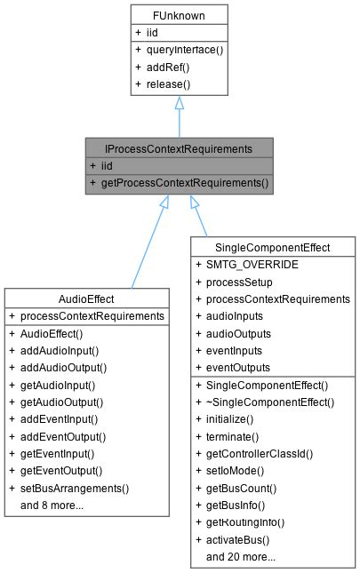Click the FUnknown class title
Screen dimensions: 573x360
[179, 14]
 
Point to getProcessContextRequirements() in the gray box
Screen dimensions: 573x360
[185, 184]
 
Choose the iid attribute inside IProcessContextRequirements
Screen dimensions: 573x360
[106, 165]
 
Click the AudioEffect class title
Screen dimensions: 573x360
[86, 298]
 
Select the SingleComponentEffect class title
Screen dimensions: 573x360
[273, 246]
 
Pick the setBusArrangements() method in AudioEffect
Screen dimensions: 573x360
[74, 488]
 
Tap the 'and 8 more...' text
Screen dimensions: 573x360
[52, 505]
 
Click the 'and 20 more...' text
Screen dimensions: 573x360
[241, 557]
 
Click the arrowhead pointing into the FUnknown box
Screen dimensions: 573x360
[179, 105]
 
